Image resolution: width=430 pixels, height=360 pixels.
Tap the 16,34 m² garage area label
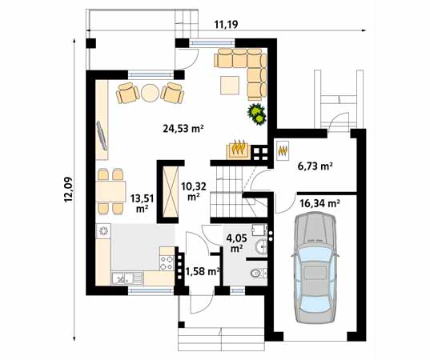click(319, 204)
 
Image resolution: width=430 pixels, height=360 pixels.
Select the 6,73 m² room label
click(315, 167)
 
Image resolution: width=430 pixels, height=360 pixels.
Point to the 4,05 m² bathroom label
click(235, 242)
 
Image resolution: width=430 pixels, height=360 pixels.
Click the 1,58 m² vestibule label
click(203, 272)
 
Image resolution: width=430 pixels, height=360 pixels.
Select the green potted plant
click(255, 114)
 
